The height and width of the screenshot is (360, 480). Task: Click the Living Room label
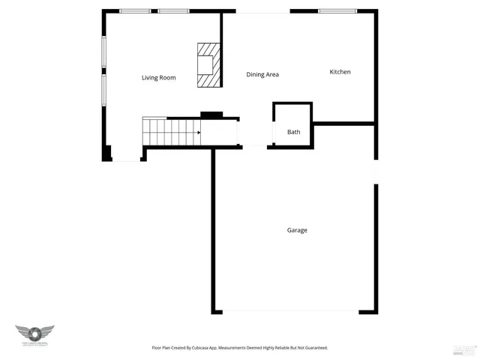158,78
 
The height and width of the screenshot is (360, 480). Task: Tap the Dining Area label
262,74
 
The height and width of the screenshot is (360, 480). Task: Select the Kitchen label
340,72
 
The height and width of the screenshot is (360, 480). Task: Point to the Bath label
293,133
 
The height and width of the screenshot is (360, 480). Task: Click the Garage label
296,230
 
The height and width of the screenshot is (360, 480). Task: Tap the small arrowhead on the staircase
198,133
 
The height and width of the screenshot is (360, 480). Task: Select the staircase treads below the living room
171,133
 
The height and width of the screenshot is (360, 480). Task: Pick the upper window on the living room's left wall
103,52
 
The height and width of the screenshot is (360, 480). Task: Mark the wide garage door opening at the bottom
290,312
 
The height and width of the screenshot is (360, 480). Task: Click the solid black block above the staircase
211,115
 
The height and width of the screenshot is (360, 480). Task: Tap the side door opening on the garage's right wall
376,172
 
